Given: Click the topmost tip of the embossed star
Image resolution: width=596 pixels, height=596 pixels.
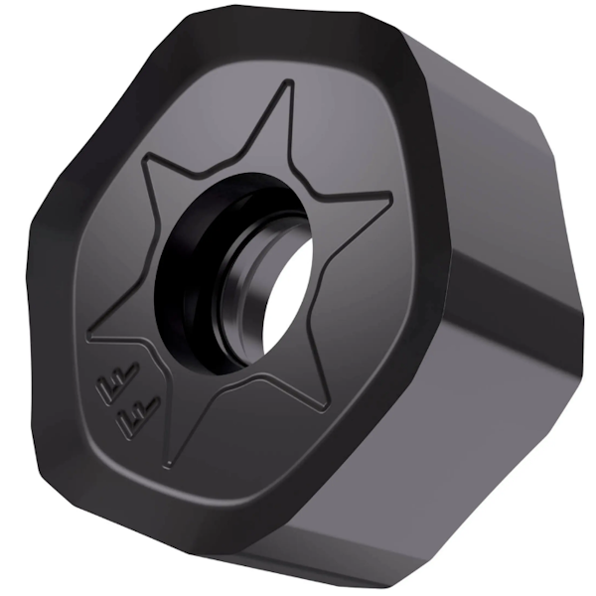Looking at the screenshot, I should click(x=291, y=83).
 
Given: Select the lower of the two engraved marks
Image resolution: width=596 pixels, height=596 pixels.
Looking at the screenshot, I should click(x=135, y=410).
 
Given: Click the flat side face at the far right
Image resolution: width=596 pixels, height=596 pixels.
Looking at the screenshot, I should click(x=517, y=298).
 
